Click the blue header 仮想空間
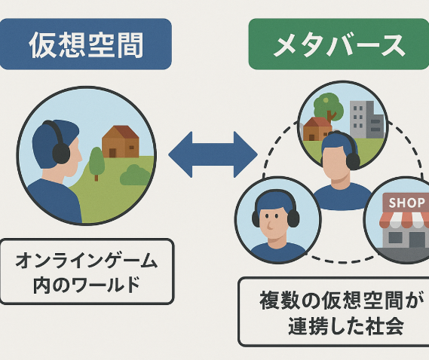pyautogui.click(x=86, y=44)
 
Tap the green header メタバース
pyautogui.click(x=339, y=44)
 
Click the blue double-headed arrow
pyautogui.click(x=213, y=154)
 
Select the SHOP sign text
pyautogui.click(x=406, y=203)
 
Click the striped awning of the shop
pyautogui.click(x=404, y=221)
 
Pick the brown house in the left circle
pyautogui.click(x=121, y=142)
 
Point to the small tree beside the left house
pyautogui.click(x=97, y=163)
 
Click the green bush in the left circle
pyautogui.click(x=135, y=175)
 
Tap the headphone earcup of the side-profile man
pyautogui.click(x=61, y=154)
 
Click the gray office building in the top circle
pyautogui.click(x=366, y=120)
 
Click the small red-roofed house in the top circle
pyautogui.click(x=317, y=129)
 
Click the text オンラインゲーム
pyautogui.click(x=87, y=261)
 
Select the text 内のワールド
pyautogui.click(x=87, y=285)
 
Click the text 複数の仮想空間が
pyautogui.click(x=339, y=301)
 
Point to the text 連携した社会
pyautogui.click(x=346, y=325)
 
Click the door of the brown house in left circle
pyautogui.click(x=112, y=153)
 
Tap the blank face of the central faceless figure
pyautogui.click(x=336, y=163)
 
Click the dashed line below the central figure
pyautogui.click(x=342, y=261)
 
